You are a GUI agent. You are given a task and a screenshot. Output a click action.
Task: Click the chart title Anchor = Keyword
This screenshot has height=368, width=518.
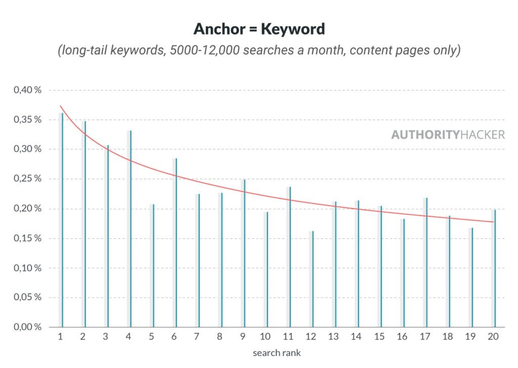click(259, 29)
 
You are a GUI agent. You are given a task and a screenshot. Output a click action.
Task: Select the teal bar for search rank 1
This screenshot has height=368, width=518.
click(62, 220)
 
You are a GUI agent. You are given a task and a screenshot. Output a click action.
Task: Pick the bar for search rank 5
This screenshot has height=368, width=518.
click(153, 266)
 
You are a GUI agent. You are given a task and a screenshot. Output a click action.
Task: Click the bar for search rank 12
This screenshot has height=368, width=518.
click(313, 279)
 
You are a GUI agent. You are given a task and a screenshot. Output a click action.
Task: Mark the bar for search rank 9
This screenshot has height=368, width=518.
click(244, 253)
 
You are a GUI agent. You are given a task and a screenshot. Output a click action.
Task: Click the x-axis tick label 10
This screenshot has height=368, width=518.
click(265, 337)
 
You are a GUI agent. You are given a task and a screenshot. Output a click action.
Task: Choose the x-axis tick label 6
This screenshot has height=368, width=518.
click(174, 337)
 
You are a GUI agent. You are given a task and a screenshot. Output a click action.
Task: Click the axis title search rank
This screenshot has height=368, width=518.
click(276, 352)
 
